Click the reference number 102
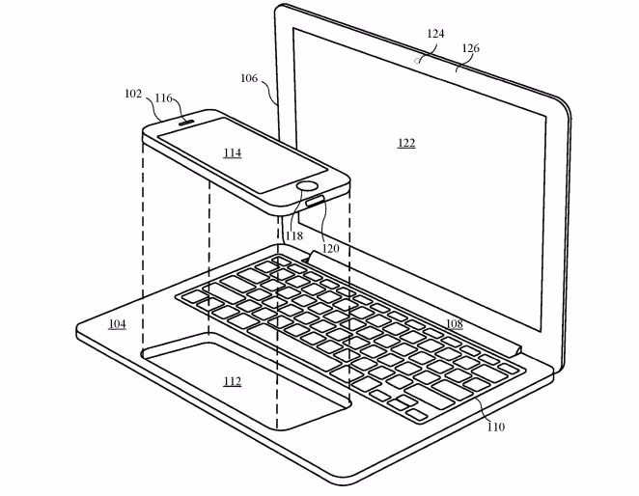point(133,95)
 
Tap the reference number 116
point(164,98)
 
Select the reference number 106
point(249,78)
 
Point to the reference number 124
point(435,34)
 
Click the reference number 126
point(471,47)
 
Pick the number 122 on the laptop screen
point(406,143)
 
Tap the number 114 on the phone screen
point(232,152)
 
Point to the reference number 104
point(117,323)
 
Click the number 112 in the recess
point(232,380)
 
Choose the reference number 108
point(453,323)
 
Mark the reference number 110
point(495,426)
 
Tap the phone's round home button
point(308,185)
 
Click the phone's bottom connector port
point(315,202)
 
